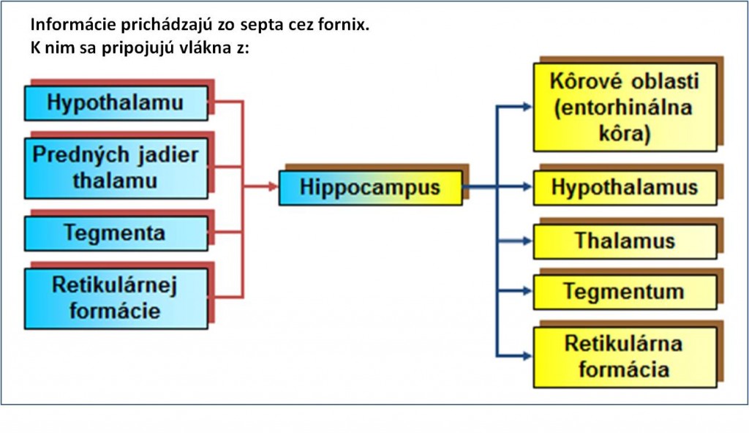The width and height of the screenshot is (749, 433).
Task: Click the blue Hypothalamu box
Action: coord(116,102)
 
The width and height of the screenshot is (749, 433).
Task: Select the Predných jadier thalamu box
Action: coord(116,168)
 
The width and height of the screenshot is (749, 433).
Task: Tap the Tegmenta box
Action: coord(116,233)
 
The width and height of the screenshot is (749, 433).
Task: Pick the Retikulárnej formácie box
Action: coord(116,298)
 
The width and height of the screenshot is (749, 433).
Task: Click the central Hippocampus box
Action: coord(371,188)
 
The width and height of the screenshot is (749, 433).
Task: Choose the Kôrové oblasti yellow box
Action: coord(625,107)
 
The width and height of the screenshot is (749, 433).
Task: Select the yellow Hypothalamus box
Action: coord(625,188)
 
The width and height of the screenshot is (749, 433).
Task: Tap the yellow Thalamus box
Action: coord(625,241)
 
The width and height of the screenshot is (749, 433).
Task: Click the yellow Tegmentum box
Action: coord(625,292)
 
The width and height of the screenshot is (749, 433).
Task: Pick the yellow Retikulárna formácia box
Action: coord(625,357)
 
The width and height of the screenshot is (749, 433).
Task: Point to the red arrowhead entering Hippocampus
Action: coord(274,187)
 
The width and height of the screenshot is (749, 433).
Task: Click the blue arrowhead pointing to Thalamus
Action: coord(528,241)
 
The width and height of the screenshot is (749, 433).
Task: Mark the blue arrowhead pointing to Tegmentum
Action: coord(528,291)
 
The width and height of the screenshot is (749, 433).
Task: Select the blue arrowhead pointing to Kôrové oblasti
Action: coord(528,107)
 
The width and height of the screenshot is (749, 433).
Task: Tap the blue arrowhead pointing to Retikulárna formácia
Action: coord(528,356)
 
